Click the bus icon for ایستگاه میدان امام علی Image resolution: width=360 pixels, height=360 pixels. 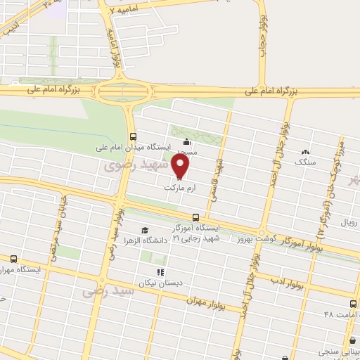(133, 136)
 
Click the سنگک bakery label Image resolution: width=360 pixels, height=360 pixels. (304, 162)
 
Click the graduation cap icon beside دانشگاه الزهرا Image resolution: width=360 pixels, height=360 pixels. (145, 230)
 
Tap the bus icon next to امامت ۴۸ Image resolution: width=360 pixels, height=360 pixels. (352, 304)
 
